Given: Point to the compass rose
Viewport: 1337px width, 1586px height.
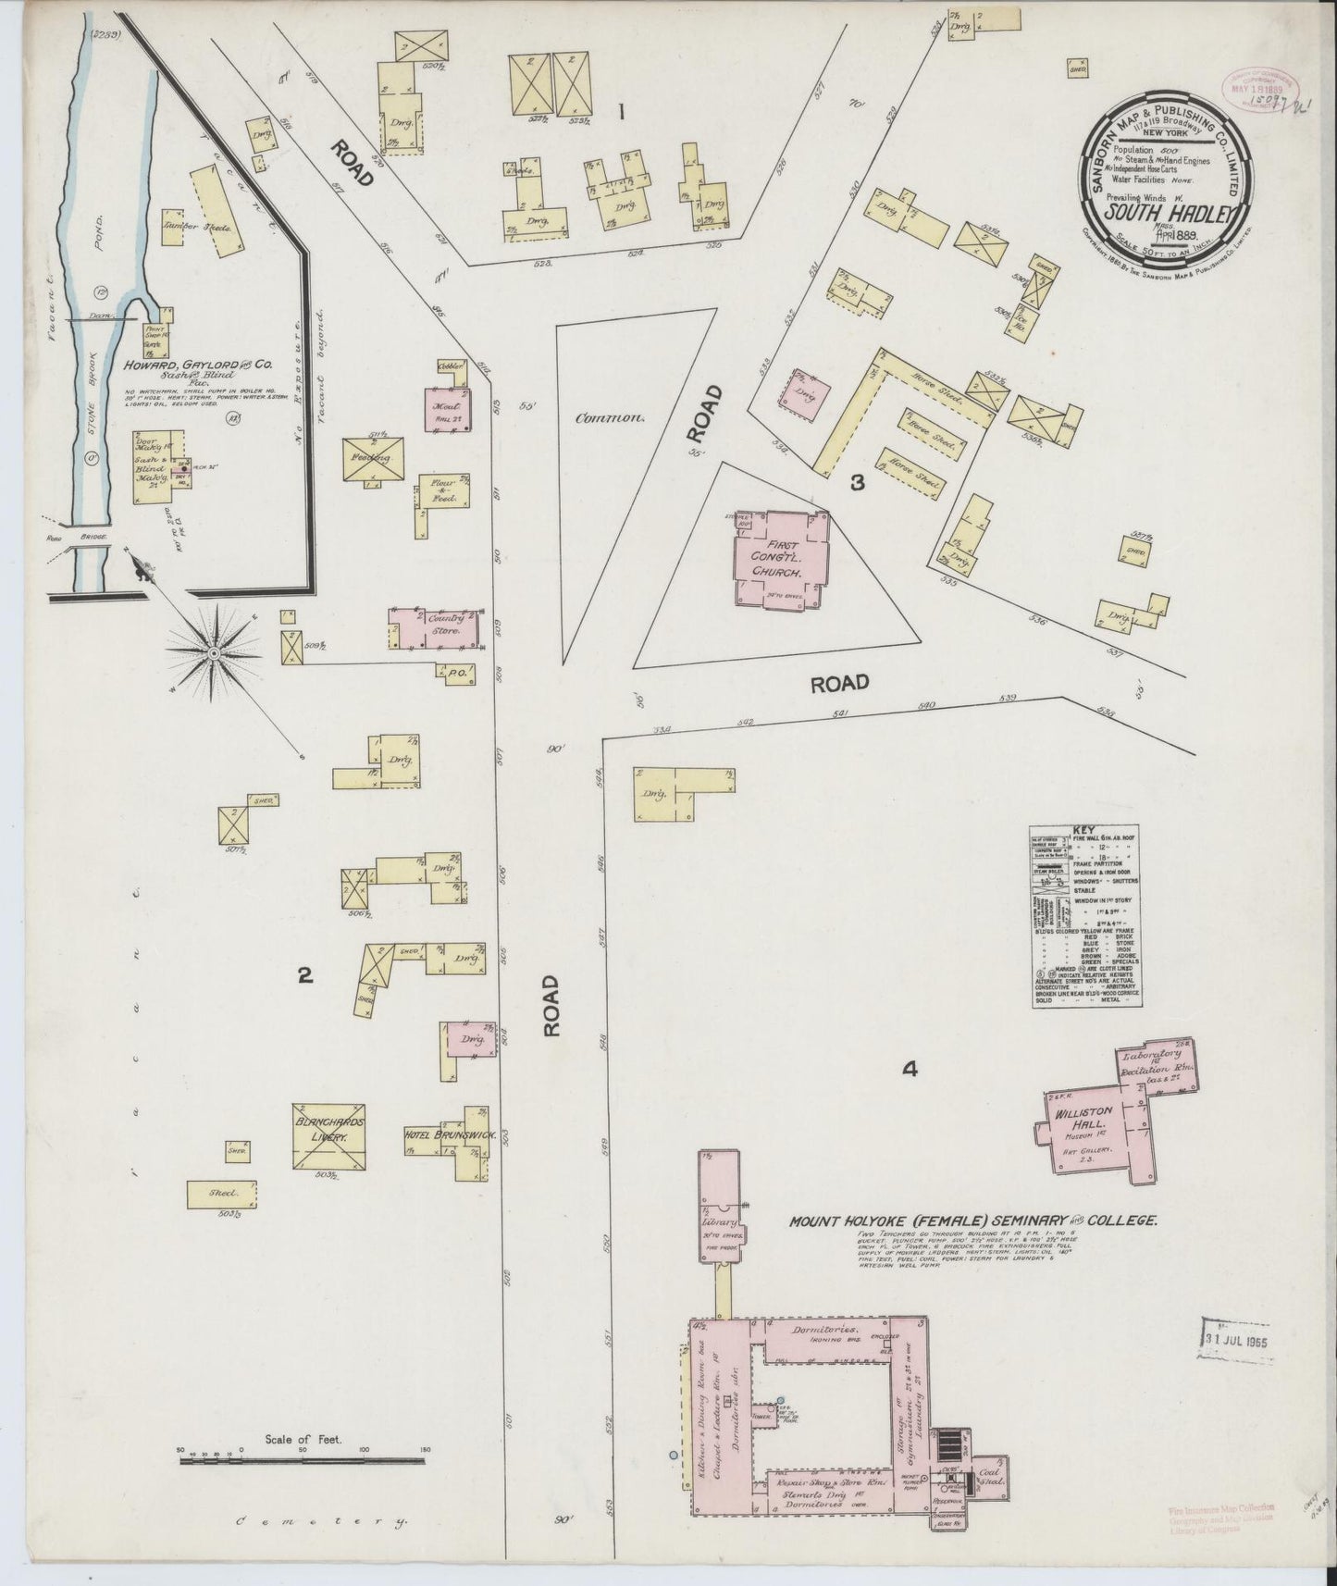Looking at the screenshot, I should pyautogui.click(x=214, y=653).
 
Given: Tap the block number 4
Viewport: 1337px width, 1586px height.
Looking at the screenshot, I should pyautogui.click(x=910, y=1070).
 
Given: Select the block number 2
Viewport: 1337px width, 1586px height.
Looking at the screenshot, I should pyautogui.click(x=303, y=974).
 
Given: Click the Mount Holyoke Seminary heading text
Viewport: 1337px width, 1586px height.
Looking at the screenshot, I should pyautogui.click(x=972, y=1220).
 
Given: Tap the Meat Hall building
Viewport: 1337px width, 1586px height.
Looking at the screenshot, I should pyautogui.click(x=447, y=407).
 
